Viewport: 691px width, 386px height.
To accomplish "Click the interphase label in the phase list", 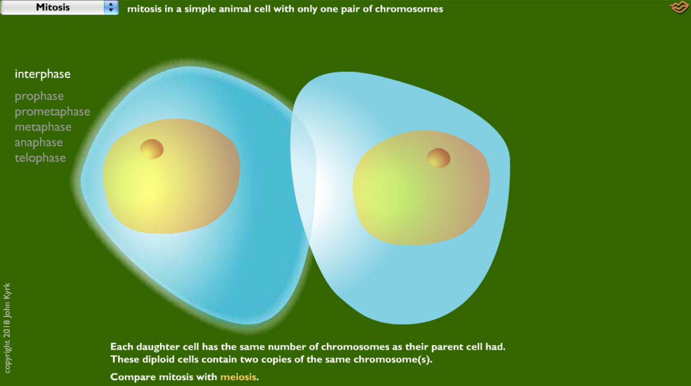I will (43, 74).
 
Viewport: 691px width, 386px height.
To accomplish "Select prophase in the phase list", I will (39, 96).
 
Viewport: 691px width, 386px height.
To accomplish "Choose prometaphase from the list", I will (52, 112).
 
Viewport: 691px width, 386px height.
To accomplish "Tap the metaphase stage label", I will (43, 127).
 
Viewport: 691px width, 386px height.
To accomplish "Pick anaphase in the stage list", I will (39, 142).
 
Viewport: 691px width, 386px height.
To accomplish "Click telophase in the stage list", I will (40, 158).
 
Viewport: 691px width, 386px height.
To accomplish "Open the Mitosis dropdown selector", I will (53, 7).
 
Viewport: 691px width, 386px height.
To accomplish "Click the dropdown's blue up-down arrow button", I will (111, 7).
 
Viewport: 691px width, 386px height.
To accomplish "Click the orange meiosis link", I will (238, 377).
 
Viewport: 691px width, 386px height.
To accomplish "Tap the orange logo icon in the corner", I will (679, 8).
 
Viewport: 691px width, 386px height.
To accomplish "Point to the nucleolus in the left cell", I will (152, 149).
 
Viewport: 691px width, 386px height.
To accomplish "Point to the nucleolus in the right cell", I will (438, 158).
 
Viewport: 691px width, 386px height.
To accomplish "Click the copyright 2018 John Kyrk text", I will (7, 328).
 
